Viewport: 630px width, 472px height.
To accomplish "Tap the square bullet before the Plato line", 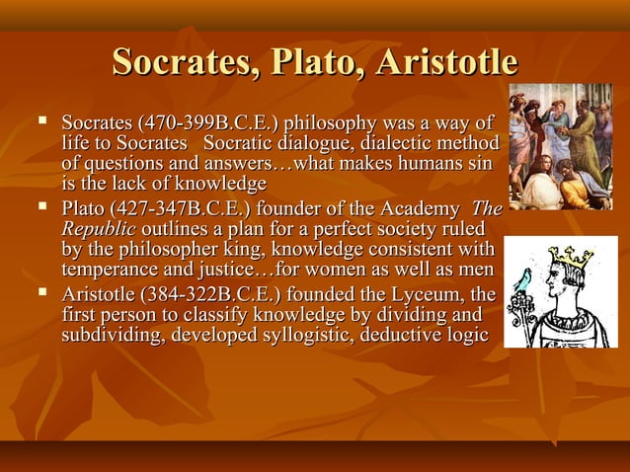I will pos(41,208).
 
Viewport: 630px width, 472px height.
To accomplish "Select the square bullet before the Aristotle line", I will pos(41,293).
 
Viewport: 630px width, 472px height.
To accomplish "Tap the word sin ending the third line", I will pos(483,165).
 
